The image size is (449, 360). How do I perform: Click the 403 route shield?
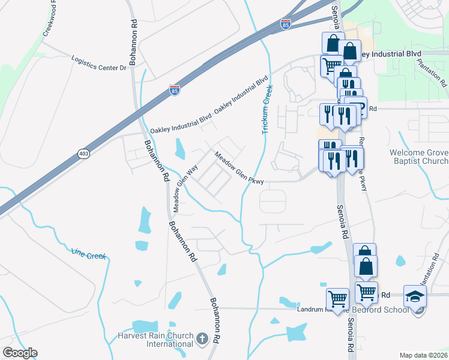click(x=83, y=154)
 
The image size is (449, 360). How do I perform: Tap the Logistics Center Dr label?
click(x=99, y=64)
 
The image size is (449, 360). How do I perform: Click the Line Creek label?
click(x=88, y=254)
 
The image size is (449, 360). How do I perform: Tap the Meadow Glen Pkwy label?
click(x=240, y=167)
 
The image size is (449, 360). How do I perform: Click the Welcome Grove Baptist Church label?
click(x=418, y=157)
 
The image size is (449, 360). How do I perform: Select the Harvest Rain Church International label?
click(x=164, y=340)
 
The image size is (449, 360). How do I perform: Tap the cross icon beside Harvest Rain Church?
click(x=203, y=340)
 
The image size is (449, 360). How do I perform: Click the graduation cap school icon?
click(x=414, y=296)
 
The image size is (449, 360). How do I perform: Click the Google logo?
click(x=20, y=353)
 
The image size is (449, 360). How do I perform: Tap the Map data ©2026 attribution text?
click(x=423, y=355)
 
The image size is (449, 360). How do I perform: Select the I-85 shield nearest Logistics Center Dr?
click(x=174, y=90)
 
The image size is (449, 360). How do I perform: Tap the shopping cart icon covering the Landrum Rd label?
click(x=338, y=298)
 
